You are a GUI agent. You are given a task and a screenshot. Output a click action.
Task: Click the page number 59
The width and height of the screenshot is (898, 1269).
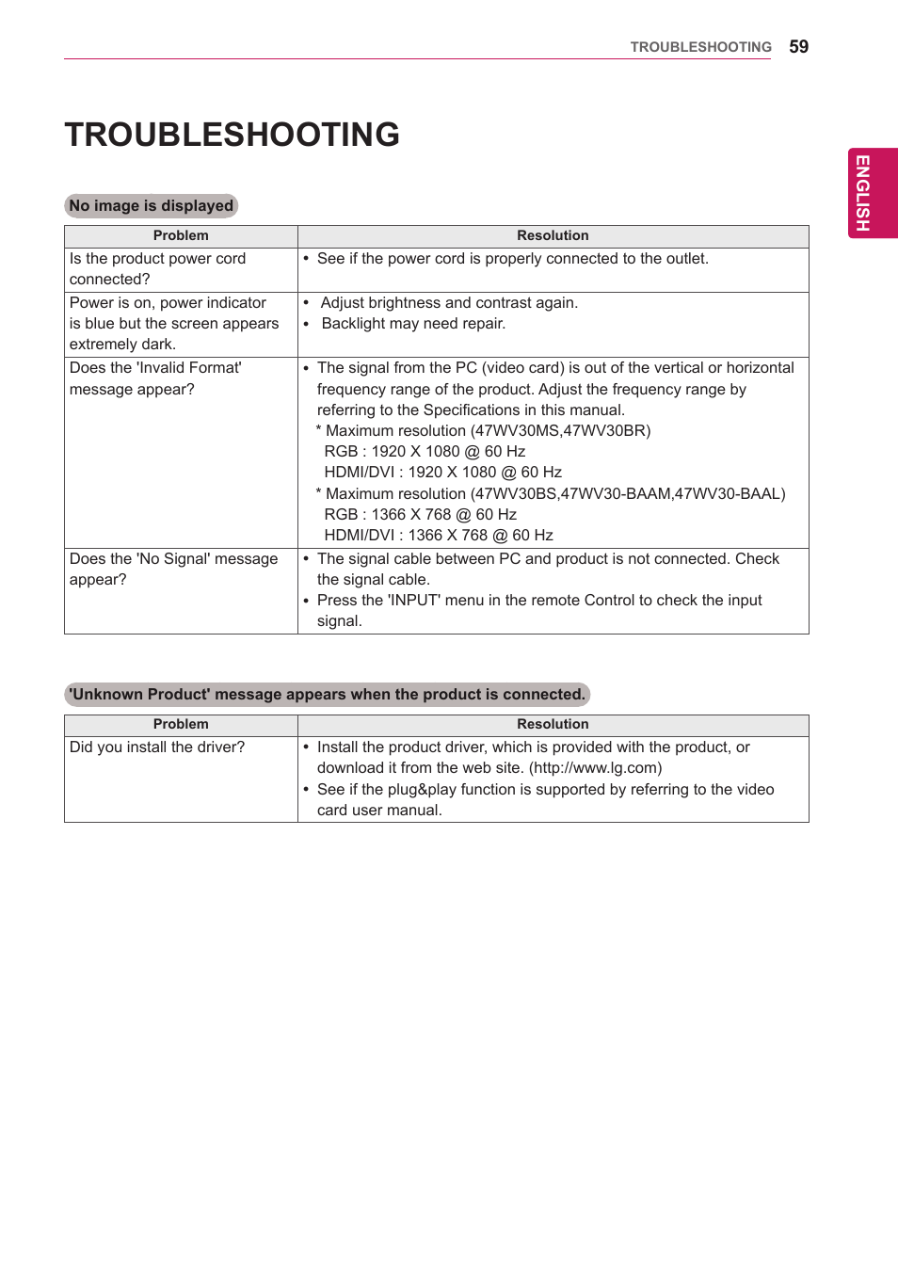coord(798,47)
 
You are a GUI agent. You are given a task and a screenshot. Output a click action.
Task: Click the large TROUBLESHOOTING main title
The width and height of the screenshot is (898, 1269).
coord(232,135)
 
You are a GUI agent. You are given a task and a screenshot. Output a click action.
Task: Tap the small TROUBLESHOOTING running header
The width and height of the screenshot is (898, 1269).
coord(700,47)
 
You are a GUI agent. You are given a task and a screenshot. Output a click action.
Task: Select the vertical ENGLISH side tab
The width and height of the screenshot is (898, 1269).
coord(862,193)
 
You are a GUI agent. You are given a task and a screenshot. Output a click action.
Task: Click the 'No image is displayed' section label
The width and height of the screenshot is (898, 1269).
coord(151,205)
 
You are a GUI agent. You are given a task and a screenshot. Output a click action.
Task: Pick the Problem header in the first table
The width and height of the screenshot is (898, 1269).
coord(181,235)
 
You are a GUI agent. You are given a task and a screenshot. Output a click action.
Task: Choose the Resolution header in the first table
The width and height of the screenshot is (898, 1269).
coord(553,235)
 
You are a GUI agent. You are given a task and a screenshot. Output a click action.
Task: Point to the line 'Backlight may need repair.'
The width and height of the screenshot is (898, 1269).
coord(413,324)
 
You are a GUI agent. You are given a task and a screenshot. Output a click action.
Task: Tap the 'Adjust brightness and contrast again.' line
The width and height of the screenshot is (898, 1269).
coord(449,303)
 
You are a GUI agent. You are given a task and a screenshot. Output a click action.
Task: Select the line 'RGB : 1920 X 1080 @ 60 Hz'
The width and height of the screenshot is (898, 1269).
coord(425,452)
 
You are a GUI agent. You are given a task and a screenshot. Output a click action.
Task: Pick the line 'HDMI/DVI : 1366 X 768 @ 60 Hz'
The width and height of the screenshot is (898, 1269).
coord(439,536)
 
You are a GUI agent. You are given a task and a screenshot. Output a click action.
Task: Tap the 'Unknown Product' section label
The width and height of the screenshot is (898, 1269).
coord(327,695)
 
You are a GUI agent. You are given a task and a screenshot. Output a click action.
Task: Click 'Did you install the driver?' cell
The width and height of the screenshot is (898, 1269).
coord(157,747)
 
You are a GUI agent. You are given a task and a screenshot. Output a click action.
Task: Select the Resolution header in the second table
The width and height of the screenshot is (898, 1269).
coord(553,724)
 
